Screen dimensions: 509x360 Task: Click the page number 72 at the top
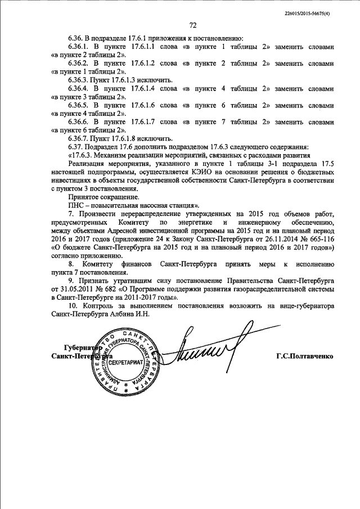(192, 25)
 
